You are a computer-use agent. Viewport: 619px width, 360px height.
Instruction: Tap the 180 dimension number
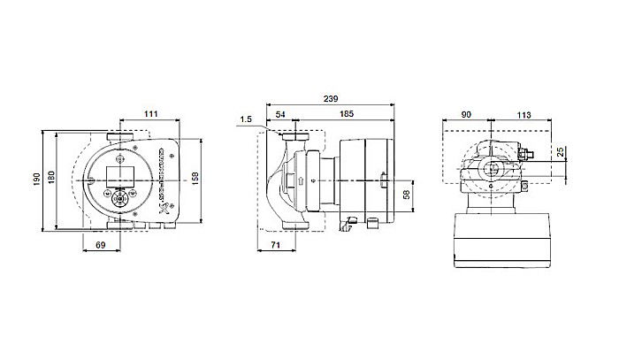(x=50, y=180)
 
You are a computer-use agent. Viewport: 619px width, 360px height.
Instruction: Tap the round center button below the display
(x=118, y=198)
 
